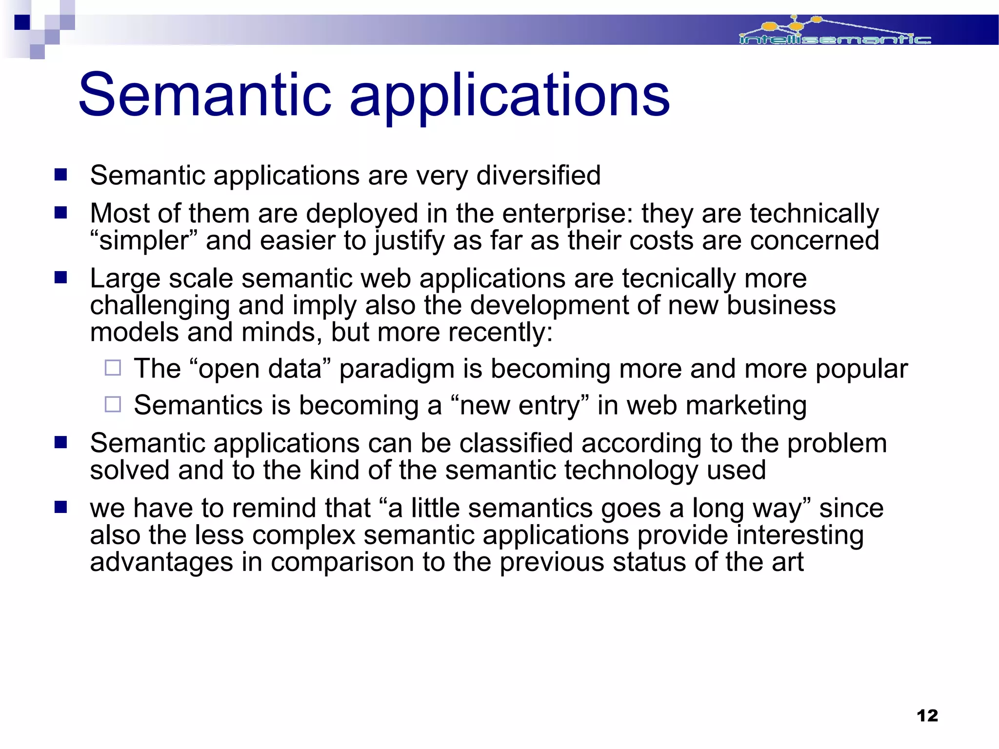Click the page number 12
click(927, 715)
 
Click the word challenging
click(160, 306)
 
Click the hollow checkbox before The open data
click(113, 368)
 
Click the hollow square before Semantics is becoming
click(113, 404)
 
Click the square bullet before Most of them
click(60, 213)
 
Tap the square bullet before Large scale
click(60, 278)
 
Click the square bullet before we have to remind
click(60, 508)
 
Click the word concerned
click(814, 241)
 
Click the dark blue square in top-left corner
click(22, 22)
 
